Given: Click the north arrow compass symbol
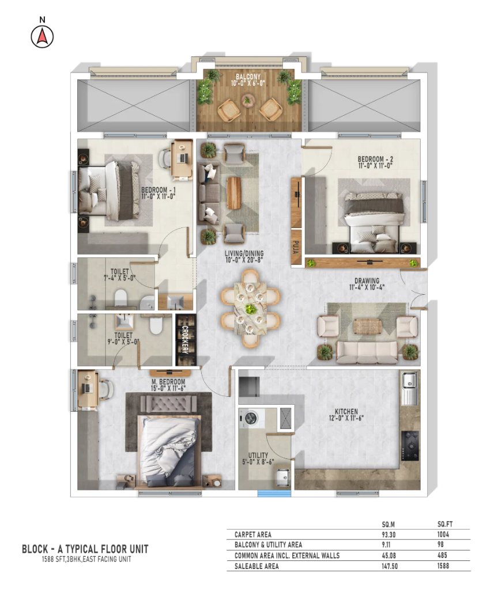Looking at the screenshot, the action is pyautogui.click(x=42, y=37).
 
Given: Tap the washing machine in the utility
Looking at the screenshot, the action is pyautogui.click(x=249, y=418).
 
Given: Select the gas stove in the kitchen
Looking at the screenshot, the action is pyautogui.click(x=410, y=446).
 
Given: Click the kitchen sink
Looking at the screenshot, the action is pyautogui.click(x=409, y=388).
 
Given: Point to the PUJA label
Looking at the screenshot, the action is pyautogui.click(x=296, y=247).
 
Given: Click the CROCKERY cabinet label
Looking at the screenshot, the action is pyautogui.click(x=186, y=340).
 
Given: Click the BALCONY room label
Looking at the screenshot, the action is pyautogui.click(x=248, y=77).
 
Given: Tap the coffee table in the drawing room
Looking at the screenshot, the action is pyautogui.click(x=368, y=326).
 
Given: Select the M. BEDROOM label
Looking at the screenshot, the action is pyautogui.click(x=168, y=382).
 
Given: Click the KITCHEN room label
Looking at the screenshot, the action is pyautogui.click(x=346, y=412).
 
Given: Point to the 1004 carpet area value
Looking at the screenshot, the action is pyautogui.click(x=443, y=534).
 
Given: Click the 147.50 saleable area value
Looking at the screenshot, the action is pyautogui.click(x=390, y=566).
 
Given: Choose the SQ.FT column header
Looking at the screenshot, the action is pyautogui.click(x=445, y=524).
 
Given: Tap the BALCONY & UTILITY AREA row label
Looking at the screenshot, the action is pyautogui.click(x=268, y=544).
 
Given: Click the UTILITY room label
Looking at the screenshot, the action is pyautogui.click(x=258, y=456).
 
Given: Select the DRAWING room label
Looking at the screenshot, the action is pyautogui.click(x=367, y=280).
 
